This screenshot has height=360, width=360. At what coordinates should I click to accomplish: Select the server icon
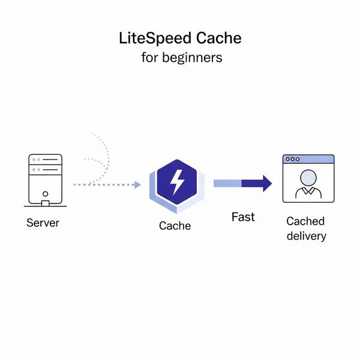pos(45,178)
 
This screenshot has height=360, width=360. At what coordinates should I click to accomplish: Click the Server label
pos(43,223)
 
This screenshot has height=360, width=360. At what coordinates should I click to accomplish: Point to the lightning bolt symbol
pos(178,182)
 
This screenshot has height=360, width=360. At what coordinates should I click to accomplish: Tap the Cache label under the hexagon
pos(175,226)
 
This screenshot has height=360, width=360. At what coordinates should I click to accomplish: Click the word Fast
pos(243,217)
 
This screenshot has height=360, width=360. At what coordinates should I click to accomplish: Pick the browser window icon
pos(308,178)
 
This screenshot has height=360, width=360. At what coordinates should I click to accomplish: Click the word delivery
pos(306,235)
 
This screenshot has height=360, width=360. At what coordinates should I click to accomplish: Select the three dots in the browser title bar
pos(292,159)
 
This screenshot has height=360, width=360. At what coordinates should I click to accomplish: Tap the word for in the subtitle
pos(149,58)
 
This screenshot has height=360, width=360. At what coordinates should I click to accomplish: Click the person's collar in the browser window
pos(308,191)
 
